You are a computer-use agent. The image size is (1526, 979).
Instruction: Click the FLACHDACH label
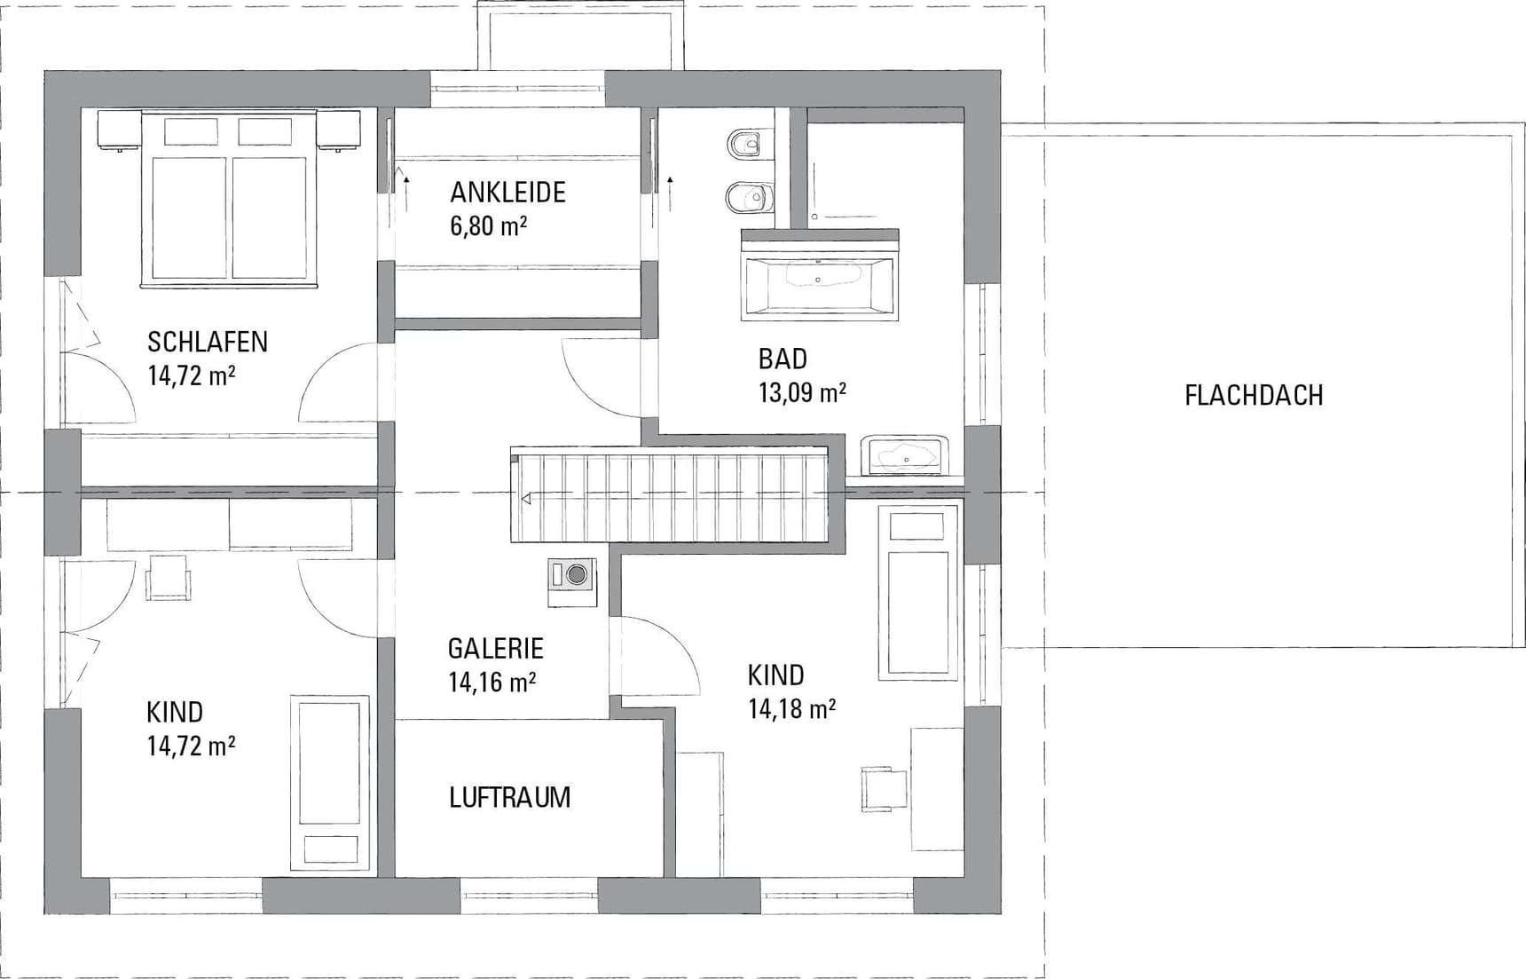(1254, 395)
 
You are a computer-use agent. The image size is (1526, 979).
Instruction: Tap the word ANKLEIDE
(507, 193)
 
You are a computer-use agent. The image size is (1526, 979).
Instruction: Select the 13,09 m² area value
(802, 392)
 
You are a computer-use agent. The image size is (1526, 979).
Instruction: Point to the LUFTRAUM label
(509, 797)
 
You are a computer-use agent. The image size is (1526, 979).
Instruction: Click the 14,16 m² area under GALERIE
(492, 682)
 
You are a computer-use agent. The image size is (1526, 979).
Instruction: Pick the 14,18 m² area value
(791, 708)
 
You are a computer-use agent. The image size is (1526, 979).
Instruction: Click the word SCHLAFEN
(208, 342)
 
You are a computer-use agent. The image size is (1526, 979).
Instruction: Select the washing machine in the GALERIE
(572, 581)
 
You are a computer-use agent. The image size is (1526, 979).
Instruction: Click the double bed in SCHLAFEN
(230, 199)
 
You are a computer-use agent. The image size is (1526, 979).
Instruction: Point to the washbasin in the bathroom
(905, 455)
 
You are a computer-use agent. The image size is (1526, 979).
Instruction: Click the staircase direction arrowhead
(526, 499)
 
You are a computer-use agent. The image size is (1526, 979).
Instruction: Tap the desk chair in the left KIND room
(168, 577)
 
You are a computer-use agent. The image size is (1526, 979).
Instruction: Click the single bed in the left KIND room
(330, 782)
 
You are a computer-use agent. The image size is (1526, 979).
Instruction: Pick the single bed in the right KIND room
(918, 593)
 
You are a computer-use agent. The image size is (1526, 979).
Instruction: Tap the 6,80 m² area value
(489, 226)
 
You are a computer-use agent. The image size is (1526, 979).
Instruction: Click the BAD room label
(783, 359)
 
